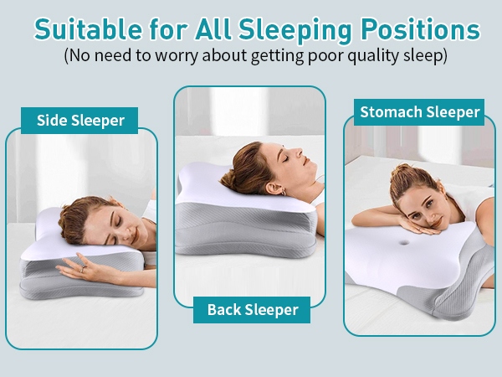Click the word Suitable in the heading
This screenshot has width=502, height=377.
88,29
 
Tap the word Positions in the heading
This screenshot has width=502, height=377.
421,29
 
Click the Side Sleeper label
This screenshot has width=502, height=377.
80,121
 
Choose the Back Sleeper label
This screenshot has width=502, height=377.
252,310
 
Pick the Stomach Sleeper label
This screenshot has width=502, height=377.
419,112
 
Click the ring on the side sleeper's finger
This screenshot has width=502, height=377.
83,269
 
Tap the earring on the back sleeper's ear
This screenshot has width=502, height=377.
283,193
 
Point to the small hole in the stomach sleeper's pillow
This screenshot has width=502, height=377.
404,242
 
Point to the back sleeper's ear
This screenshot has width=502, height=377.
275,188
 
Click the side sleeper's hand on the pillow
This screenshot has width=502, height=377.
86,268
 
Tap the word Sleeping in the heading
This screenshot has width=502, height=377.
295,30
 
